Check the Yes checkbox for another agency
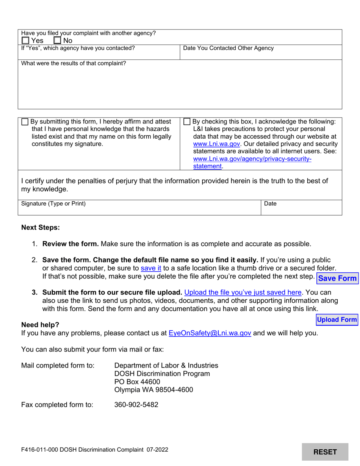25,41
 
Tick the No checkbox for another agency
58,41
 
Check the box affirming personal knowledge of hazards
25,122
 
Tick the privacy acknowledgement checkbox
187,122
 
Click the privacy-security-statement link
252,159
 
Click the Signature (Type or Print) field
139,210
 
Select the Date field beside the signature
301,210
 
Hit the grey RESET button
325,452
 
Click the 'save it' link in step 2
151,268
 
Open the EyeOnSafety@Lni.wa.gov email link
210,333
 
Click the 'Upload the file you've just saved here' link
243,292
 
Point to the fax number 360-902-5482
136,405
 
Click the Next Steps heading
40,227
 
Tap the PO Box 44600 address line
137,382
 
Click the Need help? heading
40,325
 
